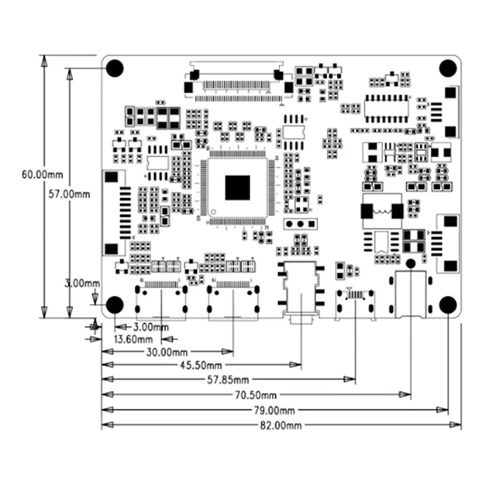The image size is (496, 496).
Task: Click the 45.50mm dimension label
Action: pyautogui.click(x=201, y=365)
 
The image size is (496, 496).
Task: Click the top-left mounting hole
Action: pyautogui.click(x=114, y=68)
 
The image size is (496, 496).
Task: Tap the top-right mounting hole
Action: pyautogui.click(x=448, y=68)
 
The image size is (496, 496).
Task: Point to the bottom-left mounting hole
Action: pyautogui.click(x=114, y=305)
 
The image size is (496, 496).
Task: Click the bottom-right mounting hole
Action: pyautogui.click(x=448, y=305)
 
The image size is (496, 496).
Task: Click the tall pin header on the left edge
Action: pyautogui.click(x=114, y=212)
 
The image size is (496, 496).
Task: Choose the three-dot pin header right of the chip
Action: pyautogui.click(x=298, y=225)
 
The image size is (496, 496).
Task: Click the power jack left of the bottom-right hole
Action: pyautogui.click(x=410, y=294)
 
